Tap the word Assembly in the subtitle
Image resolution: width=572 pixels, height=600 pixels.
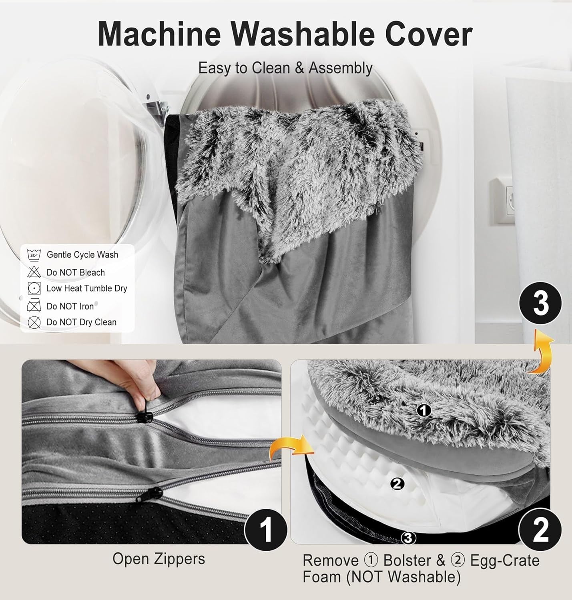tap(341, 68)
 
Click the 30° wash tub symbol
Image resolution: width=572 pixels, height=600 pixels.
tap(34, 255)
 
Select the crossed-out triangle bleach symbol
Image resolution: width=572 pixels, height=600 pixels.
tap(34, 272)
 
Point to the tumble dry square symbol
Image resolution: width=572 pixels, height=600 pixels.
tap(34, 288)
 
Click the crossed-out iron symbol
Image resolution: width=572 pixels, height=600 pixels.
tap(34, 306)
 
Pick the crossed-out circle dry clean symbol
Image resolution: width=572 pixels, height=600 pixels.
tap(34, 322)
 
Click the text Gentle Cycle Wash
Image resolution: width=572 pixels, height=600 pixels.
tap(82, 255)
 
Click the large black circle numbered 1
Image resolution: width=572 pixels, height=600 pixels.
tap(266, 530)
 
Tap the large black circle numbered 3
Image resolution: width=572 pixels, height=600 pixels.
tap(540, 303)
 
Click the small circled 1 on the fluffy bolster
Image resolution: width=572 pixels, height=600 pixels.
tap(423, 411)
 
